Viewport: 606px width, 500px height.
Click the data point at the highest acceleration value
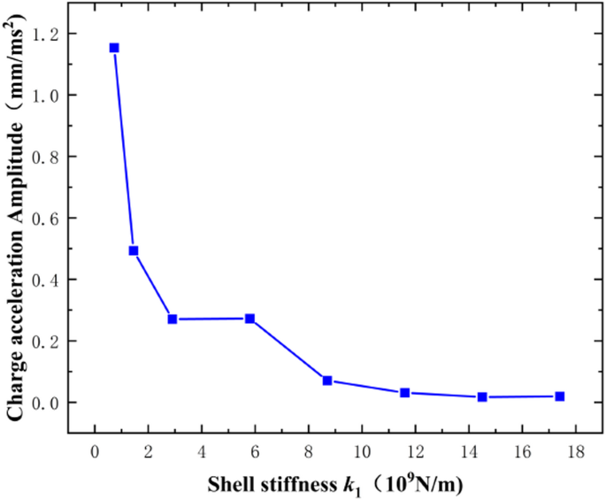point(114,48)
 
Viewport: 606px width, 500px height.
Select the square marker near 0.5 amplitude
point(134,250)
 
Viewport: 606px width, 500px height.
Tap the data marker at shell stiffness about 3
point(173,319)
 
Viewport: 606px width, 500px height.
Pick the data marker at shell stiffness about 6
point(250,319)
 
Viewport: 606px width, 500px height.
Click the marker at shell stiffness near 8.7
point(327,381)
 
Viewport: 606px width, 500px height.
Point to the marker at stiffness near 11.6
point(404,392)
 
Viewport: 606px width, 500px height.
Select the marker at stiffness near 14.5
point(482,397)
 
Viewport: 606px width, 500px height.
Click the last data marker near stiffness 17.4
point(560,396)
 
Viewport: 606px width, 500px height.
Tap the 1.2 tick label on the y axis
point(43,34)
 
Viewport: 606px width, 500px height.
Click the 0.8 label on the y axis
point(43,157)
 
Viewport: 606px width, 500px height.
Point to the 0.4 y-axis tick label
point(43,280)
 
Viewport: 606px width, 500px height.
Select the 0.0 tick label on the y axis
point(43,403)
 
